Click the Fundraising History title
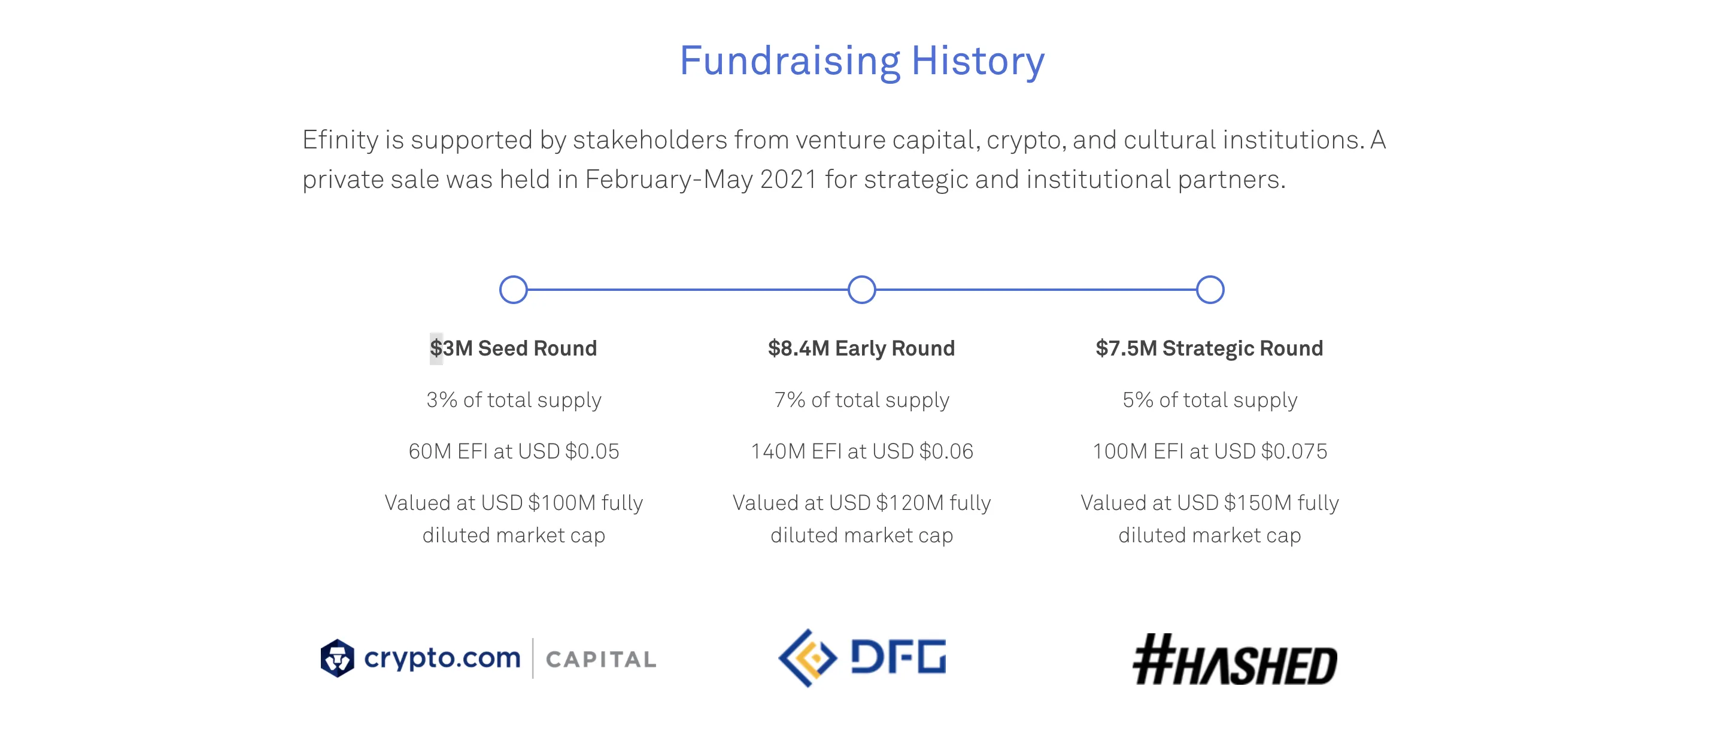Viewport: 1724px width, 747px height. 862,61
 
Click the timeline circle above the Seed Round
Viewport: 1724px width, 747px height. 514,277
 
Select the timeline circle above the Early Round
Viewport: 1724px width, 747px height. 862,277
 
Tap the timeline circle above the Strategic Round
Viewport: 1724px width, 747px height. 1210,277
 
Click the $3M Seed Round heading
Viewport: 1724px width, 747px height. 514,348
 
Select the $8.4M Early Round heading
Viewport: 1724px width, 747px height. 861,348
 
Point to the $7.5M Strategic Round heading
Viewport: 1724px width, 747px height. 1209,348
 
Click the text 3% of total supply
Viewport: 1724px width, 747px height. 514,400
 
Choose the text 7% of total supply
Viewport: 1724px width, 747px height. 862,400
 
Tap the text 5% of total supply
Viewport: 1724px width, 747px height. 1210,400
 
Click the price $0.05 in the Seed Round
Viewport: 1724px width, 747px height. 592,451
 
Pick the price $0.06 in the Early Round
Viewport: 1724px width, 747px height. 946,451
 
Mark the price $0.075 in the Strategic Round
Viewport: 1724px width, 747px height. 1294,451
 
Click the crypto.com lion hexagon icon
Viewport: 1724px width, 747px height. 337,658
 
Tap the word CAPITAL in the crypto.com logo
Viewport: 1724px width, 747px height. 601,660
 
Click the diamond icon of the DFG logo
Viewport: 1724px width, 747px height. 808,658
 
